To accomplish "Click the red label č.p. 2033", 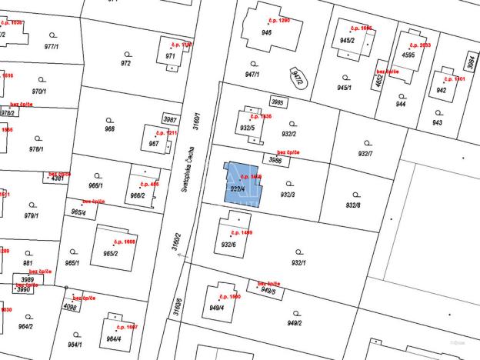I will (x=420, y=45).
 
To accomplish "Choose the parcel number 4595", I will (x=408, y=55).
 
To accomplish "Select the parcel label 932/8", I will (x=353, y=205).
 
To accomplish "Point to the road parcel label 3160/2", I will (x=178, y=242).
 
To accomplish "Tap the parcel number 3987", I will (x=170, y=119).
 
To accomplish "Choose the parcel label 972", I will (x=126, y=63).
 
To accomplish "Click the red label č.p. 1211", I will (x=166, y=133).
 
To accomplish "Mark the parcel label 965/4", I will (x=78, y=212).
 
